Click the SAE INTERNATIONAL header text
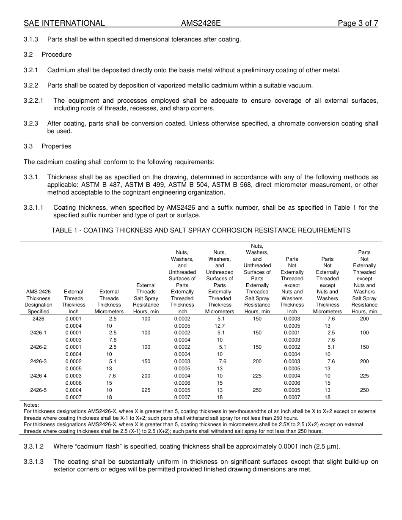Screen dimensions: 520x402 click(x=64, y=23)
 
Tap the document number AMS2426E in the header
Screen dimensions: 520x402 click(x=201, y=23)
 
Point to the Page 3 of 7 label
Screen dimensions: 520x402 click(x=358, y=23)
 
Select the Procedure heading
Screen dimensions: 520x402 click(x=57, y=55)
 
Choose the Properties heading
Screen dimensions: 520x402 click(x=56, y=146)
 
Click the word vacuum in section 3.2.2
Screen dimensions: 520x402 click(x=301, y=85)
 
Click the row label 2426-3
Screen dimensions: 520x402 click(x=39, y=361)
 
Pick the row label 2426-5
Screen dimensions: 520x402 click(x=39, y=390)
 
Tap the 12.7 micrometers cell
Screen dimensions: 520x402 click(x=220, y=326)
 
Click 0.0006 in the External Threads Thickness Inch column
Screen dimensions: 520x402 click(x=74, y=383)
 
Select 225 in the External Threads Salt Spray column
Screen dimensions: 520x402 click(x=146, y=390)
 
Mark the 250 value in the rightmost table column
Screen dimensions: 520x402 click(x=364, y=390)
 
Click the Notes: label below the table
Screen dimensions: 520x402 click(x=32, y=405)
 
